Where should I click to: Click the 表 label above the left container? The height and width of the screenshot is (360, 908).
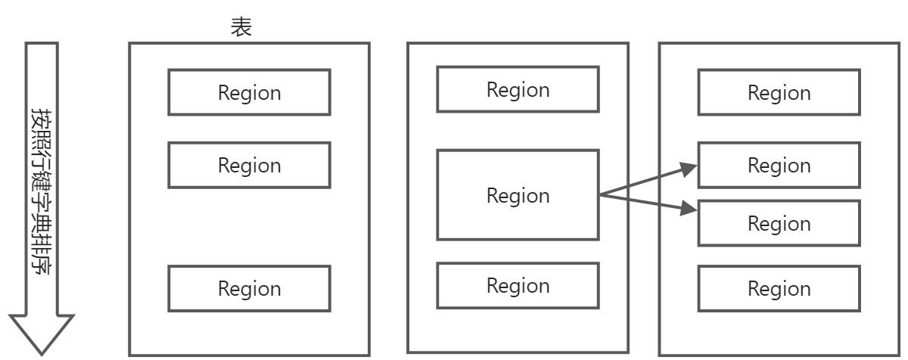click(241, 28)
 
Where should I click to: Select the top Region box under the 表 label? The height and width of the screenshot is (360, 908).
click(249, 92)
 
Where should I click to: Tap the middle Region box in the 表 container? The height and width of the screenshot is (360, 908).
click(249, 165)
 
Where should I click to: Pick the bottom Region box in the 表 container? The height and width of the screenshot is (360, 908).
click(249, 288)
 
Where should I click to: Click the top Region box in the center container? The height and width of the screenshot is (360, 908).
click(518, 89)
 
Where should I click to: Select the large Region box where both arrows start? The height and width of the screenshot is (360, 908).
click(518, 195)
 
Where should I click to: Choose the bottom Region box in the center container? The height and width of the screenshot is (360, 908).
click(518, 285)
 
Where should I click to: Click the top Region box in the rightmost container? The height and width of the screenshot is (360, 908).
click(779, 92)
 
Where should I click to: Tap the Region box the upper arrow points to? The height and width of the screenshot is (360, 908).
click(779, 165)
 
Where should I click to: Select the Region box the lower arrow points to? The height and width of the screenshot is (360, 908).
click(779, 223)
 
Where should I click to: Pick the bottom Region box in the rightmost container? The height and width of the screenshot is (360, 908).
click(779, 288)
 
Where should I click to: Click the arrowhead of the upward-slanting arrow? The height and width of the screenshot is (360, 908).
click(689, 168)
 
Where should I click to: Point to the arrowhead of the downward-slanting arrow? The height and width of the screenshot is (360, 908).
click(689, 209)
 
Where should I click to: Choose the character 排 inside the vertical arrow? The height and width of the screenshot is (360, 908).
click(41, 243)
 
